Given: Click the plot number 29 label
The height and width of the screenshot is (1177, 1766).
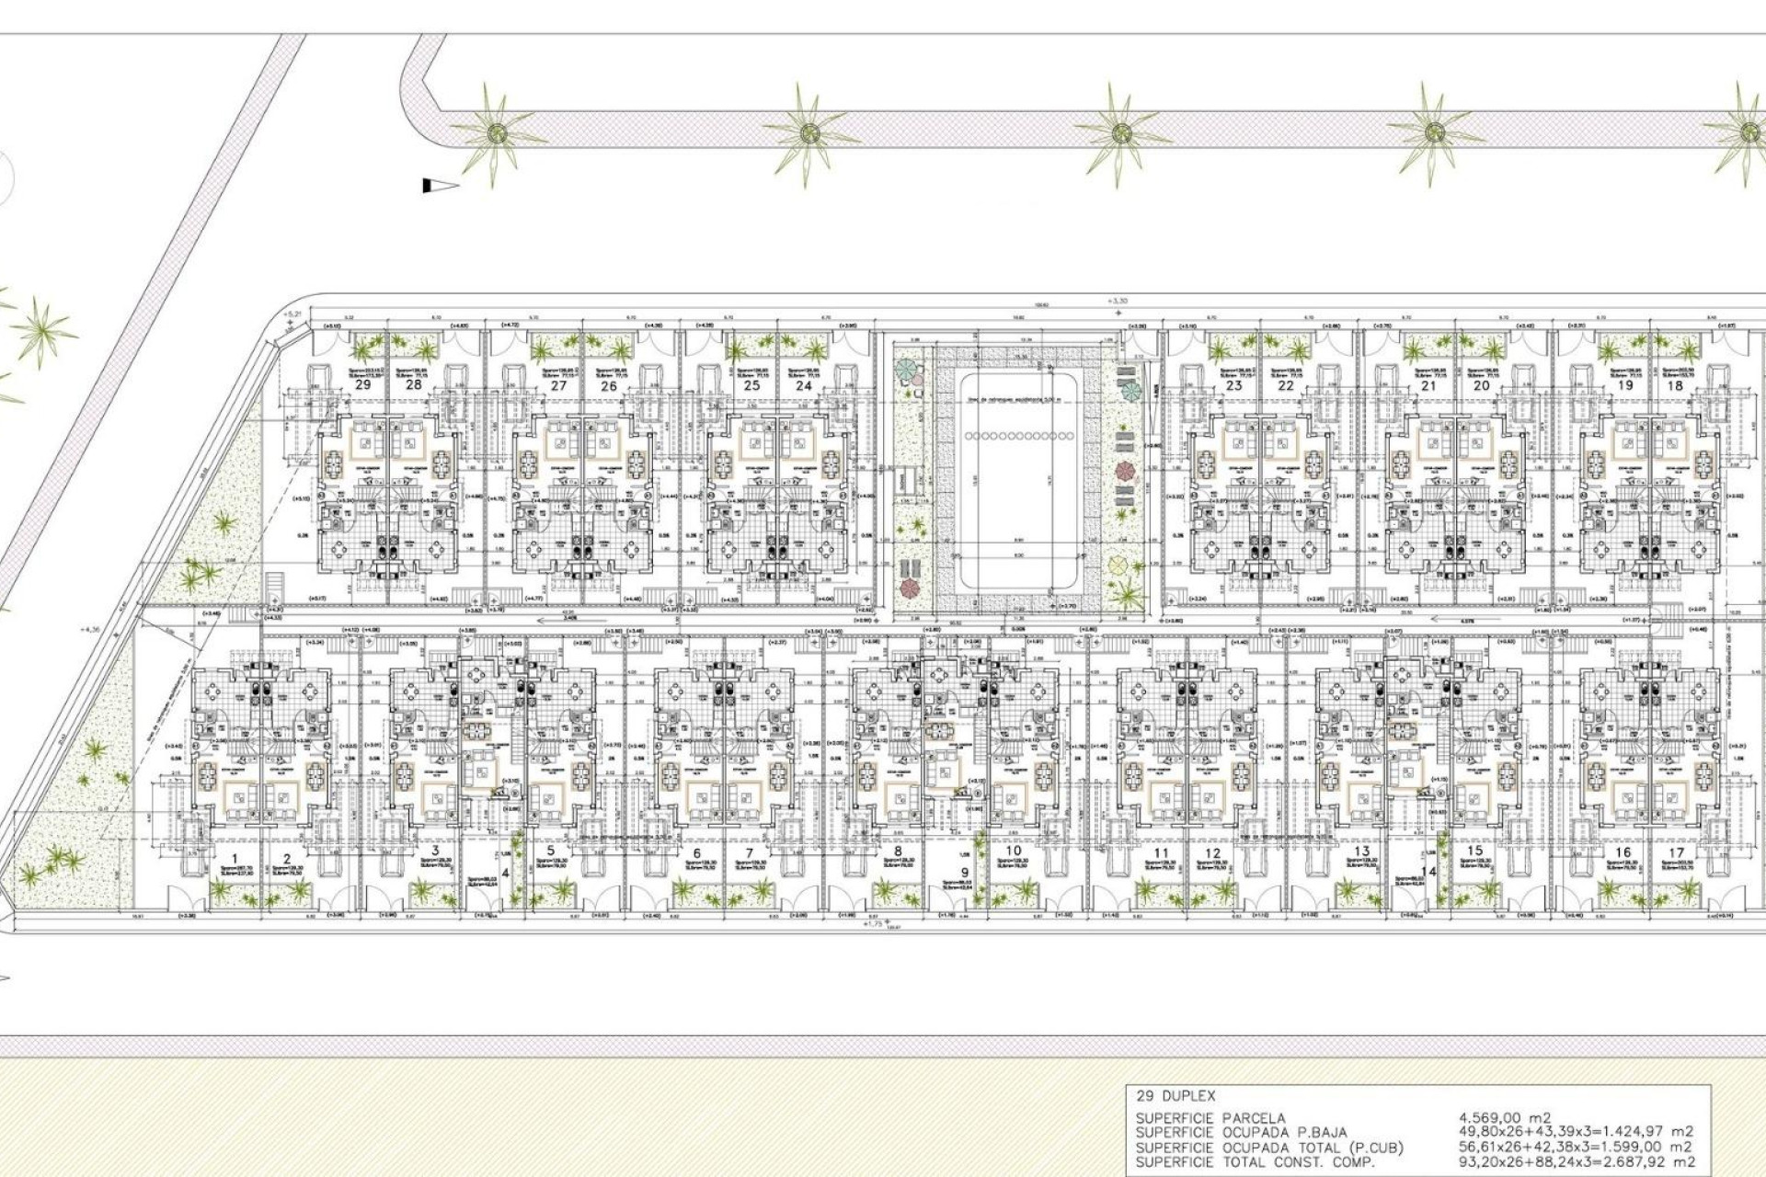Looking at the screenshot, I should [x=362, y=384].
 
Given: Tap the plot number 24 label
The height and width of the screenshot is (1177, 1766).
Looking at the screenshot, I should [x=803, y=385].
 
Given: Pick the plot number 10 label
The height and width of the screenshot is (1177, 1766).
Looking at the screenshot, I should [x=1013, y=851].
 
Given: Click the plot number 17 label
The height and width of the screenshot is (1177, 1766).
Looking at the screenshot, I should [x=1676, y=853].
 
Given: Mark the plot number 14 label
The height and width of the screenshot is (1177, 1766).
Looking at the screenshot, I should [x=1428, y=872].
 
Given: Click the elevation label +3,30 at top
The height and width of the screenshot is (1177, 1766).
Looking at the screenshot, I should [x=1118, y=301].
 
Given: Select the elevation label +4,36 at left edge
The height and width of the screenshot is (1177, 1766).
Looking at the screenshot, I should [x=91, y=630].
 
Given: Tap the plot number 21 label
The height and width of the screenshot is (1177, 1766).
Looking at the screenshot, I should [x=1428, y=385].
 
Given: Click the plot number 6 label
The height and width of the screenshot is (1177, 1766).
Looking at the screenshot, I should [x=697, y=853].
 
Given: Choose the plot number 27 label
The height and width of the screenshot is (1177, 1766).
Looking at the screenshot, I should [x=558, y=385].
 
